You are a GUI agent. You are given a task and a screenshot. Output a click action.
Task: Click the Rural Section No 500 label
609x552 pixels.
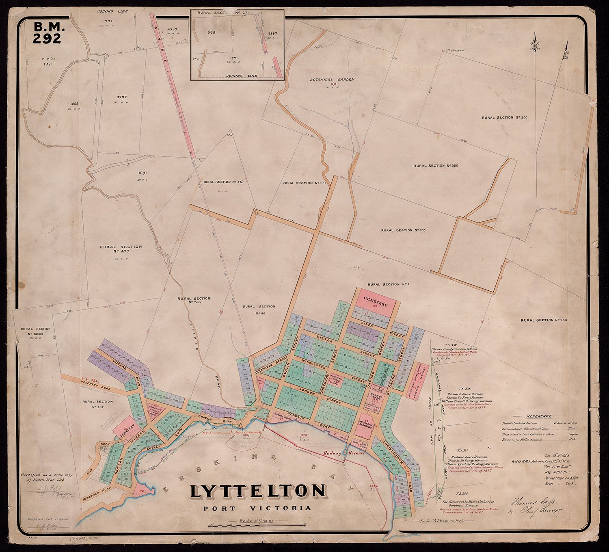(504, 117)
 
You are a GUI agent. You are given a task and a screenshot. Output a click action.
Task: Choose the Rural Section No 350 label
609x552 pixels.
(436, 166)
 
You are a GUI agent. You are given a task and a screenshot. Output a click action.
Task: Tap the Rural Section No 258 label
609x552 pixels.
(544, 320)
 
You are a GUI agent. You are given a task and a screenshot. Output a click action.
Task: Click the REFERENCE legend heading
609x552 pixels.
(539, 416)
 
